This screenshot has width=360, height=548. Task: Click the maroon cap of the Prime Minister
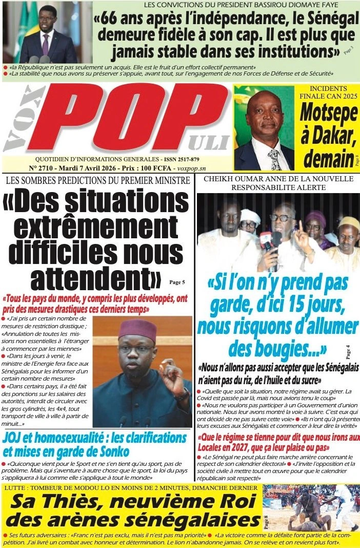137,329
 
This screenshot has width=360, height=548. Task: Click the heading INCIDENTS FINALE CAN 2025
328,92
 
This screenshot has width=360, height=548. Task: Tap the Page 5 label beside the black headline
176,282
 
